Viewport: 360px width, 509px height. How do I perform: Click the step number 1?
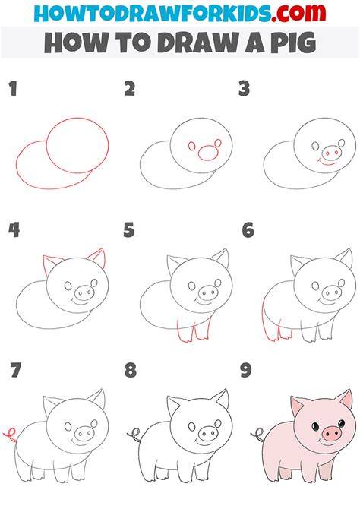pos(13,89)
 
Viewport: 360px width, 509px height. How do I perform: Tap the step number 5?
pos(129,230)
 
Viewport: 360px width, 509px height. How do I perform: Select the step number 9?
pos(246,371)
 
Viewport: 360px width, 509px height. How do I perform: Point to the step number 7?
pos(15,371)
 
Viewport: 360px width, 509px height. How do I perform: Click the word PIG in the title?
pos(293,43)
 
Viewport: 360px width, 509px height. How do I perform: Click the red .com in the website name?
pos(298,13)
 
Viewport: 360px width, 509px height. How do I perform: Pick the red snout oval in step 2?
pos(208,153)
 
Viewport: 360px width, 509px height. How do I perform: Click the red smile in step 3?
pos(327,162)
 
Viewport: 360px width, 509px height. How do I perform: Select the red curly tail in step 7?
pos(10,435)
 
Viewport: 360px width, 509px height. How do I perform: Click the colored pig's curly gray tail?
pos(257,435)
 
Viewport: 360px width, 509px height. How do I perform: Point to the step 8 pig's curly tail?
pos(134,435)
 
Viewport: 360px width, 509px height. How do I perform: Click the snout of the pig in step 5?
pos(208,293)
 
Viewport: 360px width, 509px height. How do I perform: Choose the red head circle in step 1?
pos(77,145)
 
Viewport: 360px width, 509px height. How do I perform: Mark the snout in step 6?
pos(331,293)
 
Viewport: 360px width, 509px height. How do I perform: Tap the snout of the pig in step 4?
pos(84,293)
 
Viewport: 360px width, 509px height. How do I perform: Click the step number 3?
pos(244,89)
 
